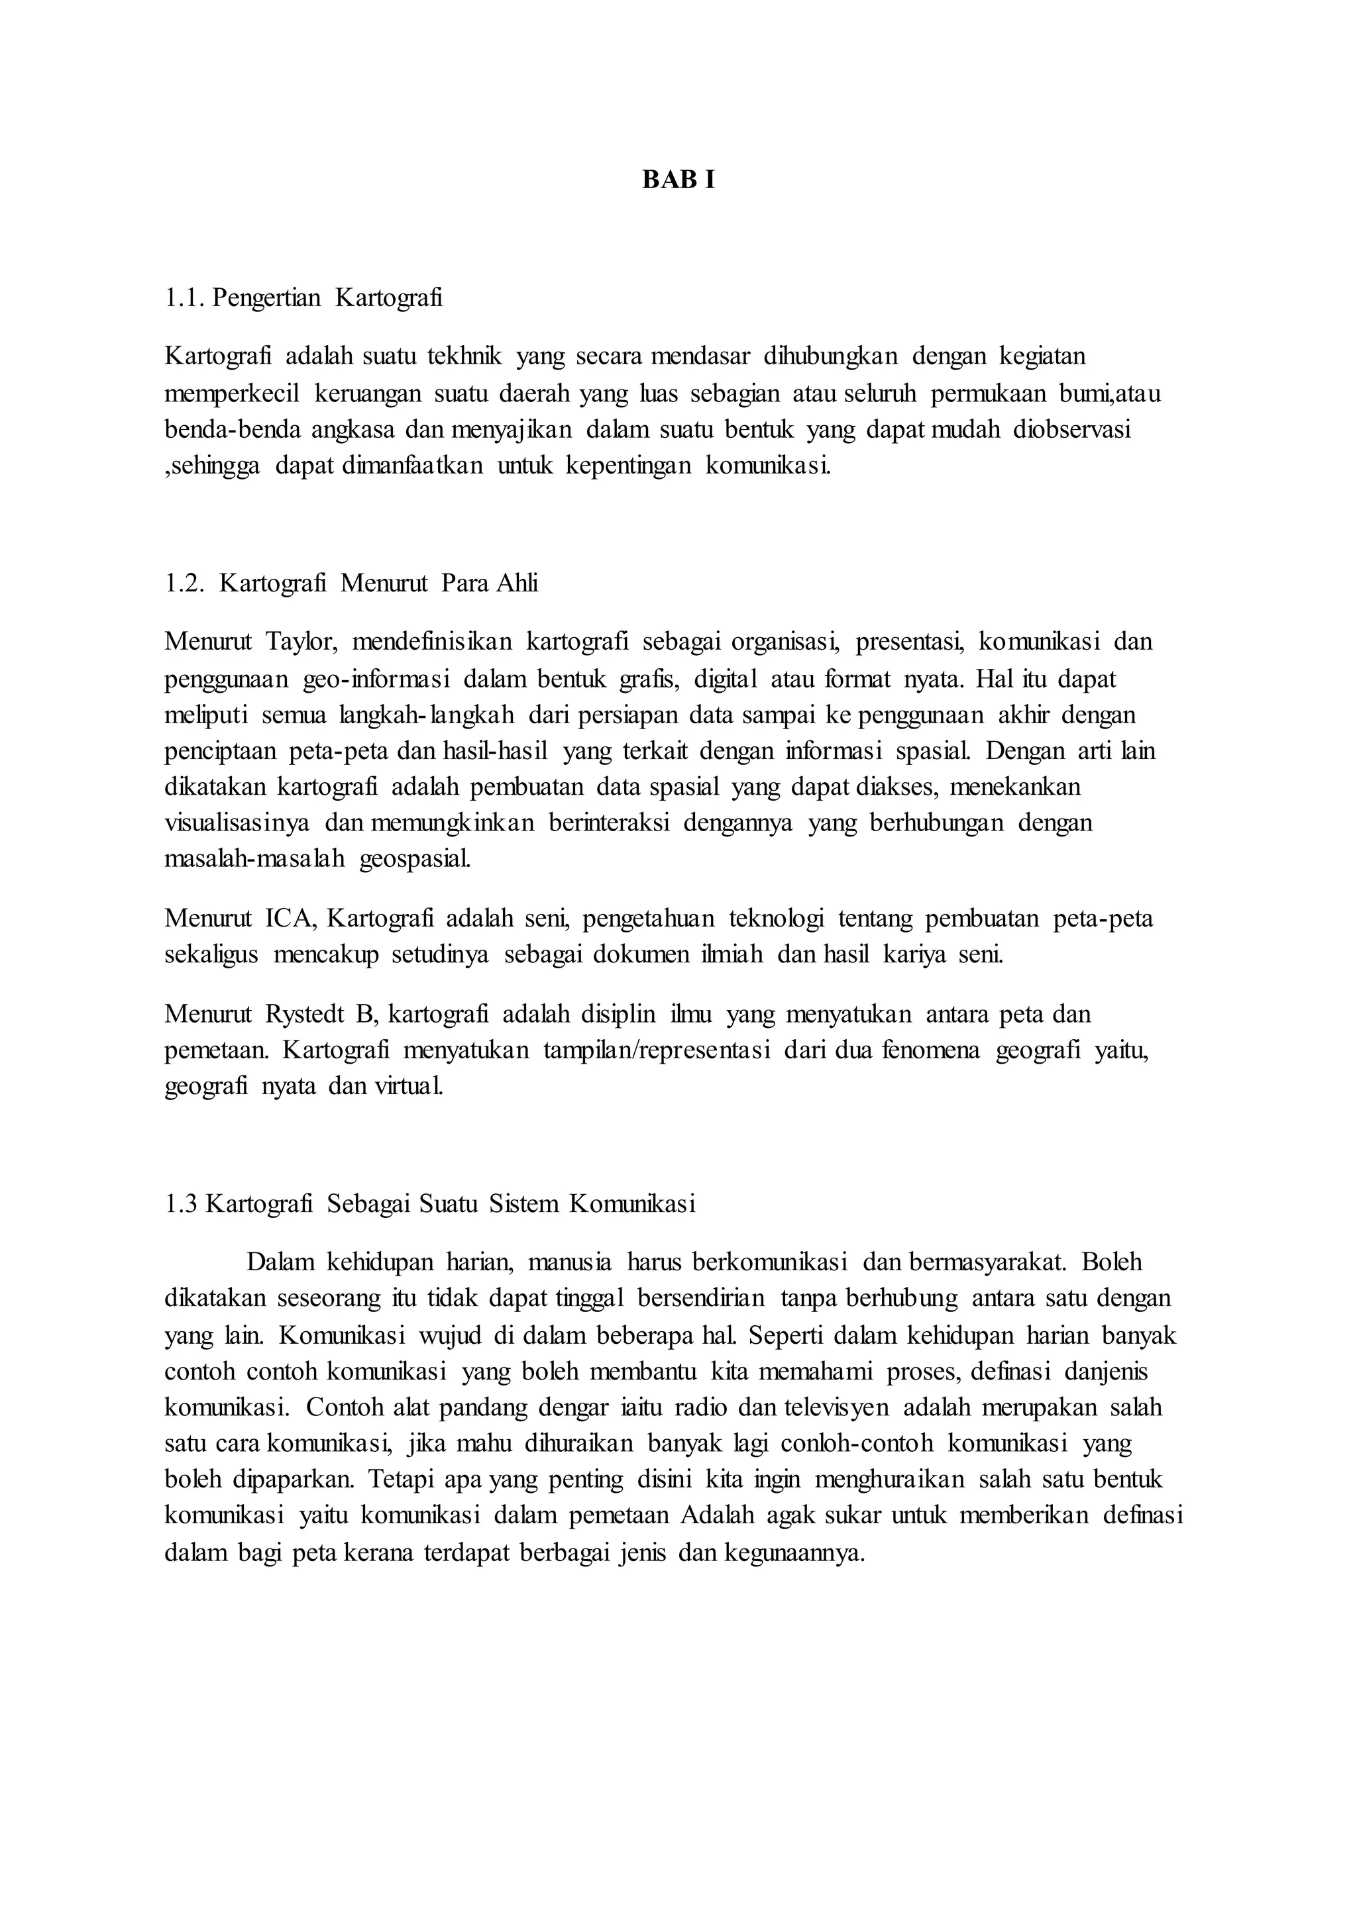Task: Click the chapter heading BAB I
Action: (x=678, y=180)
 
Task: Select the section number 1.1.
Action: (x=185, y=298)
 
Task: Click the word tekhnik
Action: (x=464, y=357)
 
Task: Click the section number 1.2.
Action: (x=185, y=583)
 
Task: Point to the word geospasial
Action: (x=414, y=860)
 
